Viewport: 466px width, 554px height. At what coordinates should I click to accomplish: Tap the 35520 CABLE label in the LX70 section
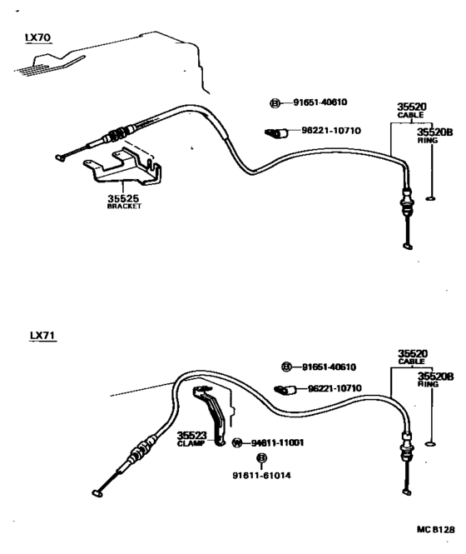(411, 111)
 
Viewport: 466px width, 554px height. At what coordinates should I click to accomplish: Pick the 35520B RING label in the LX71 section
(431, 381)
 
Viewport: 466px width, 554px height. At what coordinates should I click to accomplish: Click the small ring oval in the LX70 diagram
(431, 197)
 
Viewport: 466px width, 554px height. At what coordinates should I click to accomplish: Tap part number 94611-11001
(277, 442)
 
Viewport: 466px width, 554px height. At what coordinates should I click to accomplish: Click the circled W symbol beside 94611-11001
(236, 442)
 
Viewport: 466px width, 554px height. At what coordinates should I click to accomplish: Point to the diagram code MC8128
(436, 529)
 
